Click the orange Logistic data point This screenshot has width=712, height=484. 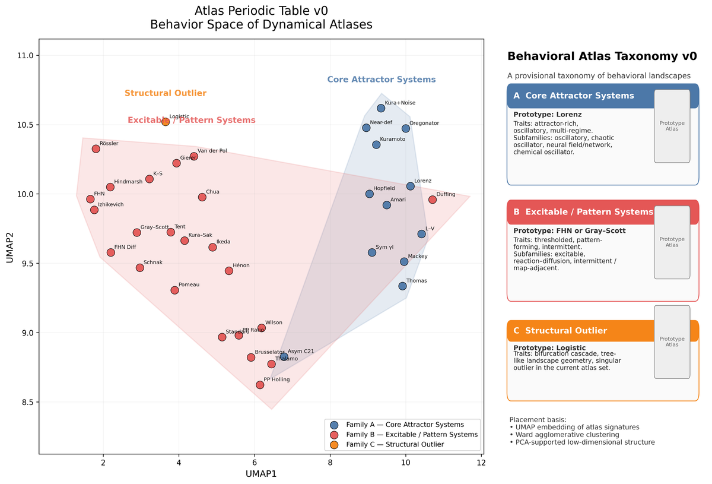tap(166, 122)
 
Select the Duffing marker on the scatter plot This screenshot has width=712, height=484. tap(433, 200)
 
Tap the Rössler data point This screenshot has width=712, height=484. tap(96, 148)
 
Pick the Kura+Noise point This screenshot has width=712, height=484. tap(381, 108)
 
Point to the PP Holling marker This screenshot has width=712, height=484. tap(260, 385)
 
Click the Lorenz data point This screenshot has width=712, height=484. tap(410, 186)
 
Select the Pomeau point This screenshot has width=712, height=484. tap(174, 290)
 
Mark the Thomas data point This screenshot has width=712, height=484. tap(402, 286)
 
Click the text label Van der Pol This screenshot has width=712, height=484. tap(212, 151)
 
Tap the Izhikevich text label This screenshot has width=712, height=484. tap(110, 204)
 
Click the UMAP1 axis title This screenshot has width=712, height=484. tap(261, 474)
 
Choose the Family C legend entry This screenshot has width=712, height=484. tap(395, 444)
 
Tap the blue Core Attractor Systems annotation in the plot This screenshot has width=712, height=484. tap(382, 80)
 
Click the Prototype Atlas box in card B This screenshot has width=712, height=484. tap(672, 242)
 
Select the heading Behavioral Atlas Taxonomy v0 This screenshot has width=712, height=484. tap(602, 56)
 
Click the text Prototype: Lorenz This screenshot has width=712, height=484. tap(547, 115)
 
